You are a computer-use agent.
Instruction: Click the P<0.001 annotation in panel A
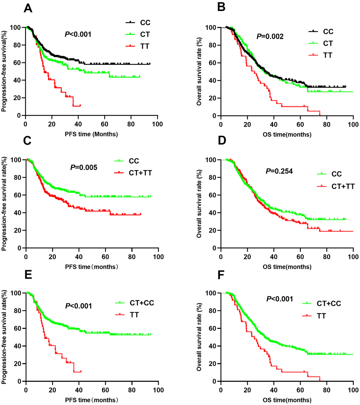point(78,34)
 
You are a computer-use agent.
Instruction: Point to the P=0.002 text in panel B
point(270,36)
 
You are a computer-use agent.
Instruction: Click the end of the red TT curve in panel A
point(80,105)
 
